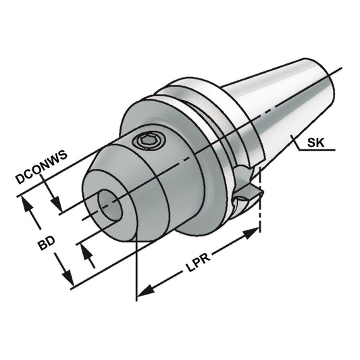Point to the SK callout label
point(315,143)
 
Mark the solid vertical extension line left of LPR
point(137,270)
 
